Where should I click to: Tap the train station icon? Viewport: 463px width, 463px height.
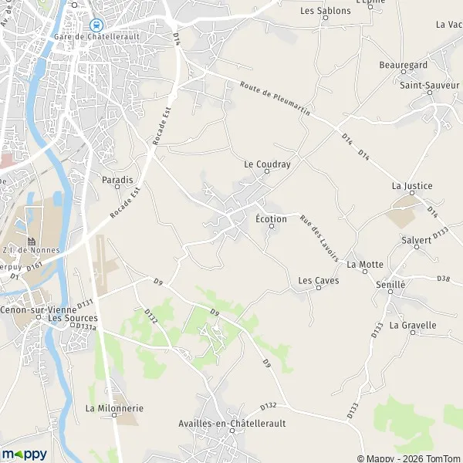(x=97, y=25)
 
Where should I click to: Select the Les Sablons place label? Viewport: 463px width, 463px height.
(x=325, y=11)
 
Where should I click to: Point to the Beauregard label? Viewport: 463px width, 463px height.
(x=403, y=66)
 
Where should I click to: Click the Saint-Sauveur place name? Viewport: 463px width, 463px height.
(x=429, y=85)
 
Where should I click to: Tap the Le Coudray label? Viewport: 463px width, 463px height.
(x=267, y=164)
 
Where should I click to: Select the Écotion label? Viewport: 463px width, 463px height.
(x=271, y=219)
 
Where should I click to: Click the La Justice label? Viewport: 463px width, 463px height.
(x=412, y=186)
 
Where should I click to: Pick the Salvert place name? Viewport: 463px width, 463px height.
(x=416, y=240)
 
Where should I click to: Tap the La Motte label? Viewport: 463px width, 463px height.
(x=365, y=264)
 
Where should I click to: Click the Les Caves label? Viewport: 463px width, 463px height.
(x=318, y=280)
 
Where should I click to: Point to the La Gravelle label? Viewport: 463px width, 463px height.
(x=413, y=325)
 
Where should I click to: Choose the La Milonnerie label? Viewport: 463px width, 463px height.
(x=114, y=407)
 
